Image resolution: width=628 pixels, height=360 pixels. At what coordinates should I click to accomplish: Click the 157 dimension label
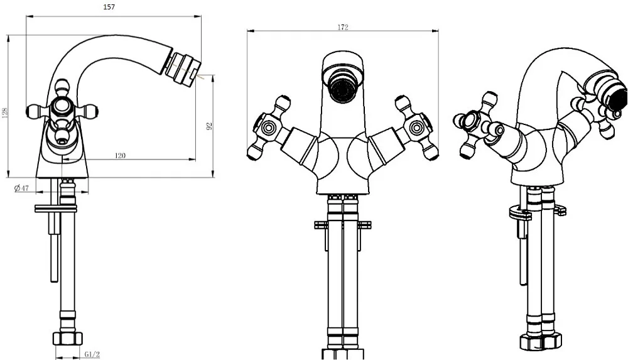point(109,7)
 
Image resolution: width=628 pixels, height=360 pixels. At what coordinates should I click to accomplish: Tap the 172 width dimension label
point(343,27)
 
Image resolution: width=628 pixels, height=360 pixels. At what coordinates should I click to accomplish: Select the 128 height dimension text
point(5,112)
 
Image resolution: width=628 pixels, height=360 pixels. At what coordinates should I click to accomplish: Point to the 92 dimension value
point(208,126)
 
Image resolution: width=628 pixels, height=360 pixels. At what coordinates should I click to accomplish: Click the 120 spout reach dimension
point(120,156)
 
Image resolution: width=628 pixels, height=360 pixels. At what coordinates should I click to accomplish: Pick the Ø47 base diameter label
point(21,188)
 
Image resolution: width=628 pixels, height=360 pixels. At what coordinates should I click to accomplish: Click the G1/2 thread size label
point(92,354)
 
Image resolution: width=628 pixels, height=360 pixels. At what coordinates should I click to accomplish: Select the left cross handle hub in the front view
point(266,128)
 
